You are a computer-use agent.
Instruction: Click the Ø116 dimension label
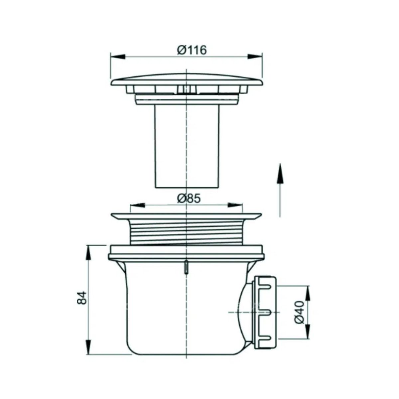point(192,50)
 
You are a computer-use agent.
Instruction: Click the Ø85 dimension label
point(189,199)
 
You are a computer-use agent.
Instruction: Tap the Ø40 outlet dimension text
point(299,312)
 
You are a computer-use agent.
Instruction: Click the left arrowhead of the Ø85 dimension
point(137,205)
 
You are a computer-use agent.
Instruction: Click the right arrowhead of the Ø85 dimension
point(235,205)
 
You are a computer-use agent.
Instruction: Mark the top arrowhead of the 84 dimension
point(88,253)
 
